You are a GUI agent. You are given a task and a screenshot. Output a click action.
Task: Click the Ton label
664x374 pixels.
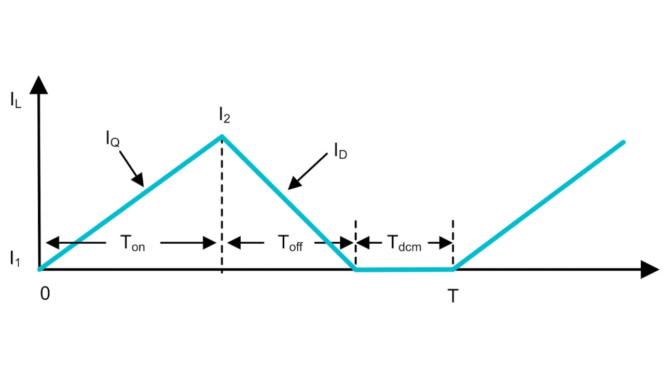click(132, 243)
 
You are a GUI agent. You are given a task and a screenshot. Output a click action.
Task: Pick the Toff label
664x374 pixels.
click(290, 243)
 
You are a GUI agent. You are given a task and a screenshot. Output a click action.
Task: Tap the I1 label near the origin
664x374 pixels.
click(16, 259)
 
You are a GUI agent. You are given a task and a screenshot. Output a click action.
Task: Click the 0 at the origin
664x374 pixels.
click(45, 294)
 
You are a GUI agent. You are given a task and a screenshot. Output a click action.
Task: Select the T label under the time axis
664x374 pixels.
click(453, 296)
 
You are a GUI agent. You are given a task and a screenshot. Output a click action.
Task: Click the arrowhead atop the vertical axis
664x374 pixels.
click(39, 85)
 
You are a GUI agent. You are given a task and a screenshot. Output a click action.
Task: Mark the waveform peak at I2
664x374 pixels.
click(222, 136)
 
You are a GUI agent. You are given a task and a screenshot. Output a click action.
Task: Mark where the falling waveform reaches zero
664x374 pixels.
click(355, 269)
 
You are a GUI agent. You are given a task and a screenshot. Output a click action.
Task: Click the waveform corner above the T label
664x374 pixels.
click(453, 269)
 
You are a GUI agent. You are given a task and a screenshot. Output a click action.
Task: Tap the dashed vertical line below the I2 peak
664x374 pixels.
click(222, 207)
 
